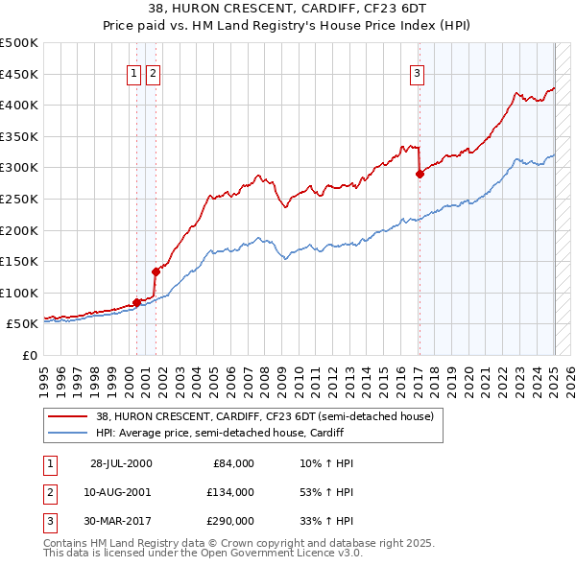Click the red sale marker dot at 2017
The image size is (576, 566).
tap(420, 174)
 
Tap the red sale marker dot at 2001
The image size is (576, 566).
tap(155, 271)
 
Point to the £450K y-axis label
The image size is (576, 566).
tap(19, 74)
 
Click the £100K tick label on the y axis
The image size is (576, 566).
tap(19, 293)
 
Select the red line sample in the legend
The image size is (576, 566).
tap(66, 416)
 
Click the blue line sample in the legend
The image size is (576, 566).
tap(66, 433)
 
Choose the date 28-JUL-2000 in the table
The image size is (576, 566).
tap(122, 463)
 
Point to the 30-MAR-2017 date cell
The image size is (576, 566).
tap(122, 521)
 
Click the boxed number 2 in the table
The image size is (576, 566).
tap(49, 492)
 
